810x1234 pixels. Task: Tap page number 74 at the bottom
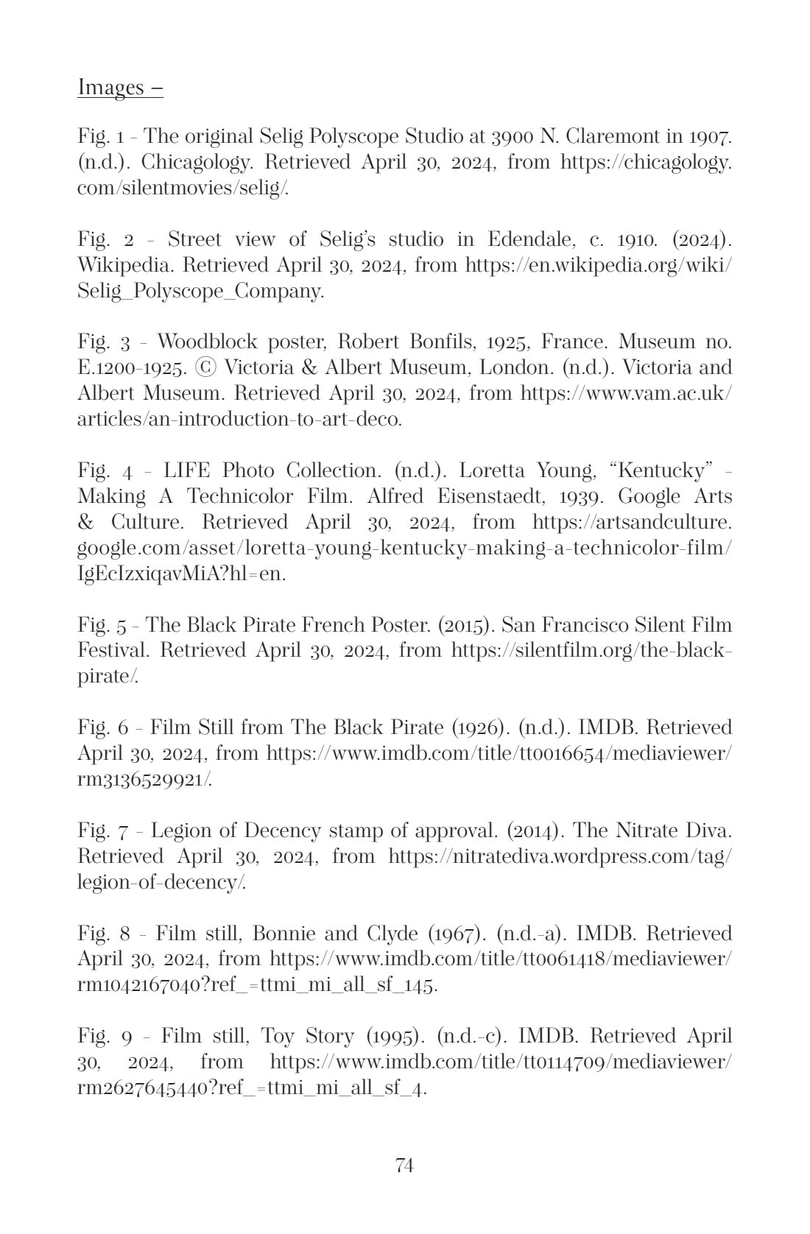click(404, 1165)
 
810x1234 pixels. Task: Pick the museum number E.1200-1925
click(137, 367)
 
